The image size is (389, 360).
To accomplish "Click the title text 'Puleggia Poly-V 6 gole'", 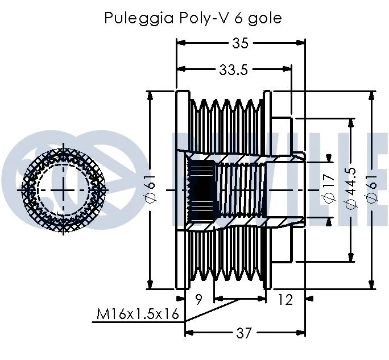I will (x=193, y=18).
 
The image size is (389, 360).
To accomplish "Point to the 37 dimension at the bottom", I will (x=244, y=333).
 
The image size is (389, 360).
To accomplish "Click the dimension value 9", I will (x=199, y=299).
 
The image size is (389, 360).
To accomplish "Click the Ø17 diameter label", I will (x=328, y=189).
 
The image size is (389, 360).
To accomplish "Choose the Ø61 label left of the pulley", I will (x=151, y=189).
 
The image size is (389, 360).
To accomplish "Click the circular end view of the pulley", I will (x=63, y=189).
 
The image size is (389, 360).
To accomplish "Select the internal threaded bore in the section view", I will (x=239, y=189).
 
